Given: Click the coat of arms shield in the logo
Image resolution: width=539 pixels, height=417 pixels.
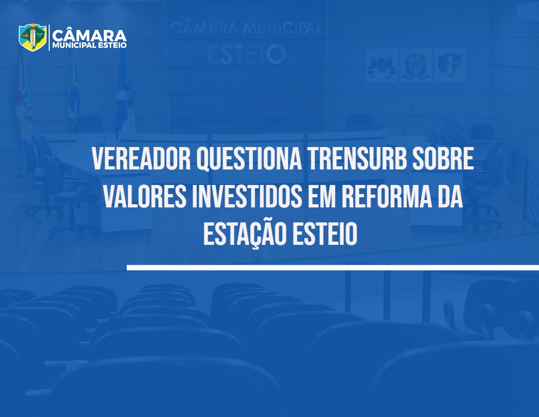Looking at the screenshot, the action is point(33,37).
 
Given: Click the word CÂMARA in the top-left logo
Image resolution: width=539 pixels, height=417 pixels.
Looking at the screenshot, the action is point(89,35).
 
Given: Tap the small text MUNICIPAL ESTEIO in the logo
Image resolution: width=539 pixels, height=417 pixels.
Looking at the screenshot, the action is point(89,45).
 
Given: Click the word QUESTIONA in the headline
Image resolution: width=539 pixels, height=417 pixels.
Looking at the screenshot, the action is point(249,159).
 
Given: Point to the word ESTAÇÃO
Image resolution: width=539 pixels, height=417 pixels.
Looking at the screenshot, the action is point(245,234).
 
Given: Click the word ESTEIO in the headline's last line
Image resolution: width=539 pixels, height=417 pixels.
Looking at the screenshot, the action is point(325,234).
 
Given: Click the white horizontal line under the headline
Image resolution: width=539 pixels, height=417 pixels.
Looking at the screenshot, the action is point(333,267).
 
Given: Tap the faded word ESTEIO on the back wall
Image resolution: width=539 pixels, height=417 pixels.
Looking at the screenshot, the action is point(247,54).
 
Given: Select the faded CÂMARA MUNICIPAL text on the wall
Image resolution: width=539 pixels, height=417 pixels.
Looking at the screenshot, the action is point(246,28).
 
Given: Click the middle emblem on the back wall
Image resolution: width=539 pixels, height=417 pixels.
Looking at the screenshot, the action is point(415,65).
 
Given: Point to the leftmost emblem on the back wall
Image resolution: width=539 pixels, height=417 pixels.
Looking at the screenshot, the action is point(381,65).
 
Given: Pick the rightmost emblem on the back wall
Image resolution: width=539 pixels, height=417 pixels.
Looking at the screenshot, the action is point(450,65).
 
